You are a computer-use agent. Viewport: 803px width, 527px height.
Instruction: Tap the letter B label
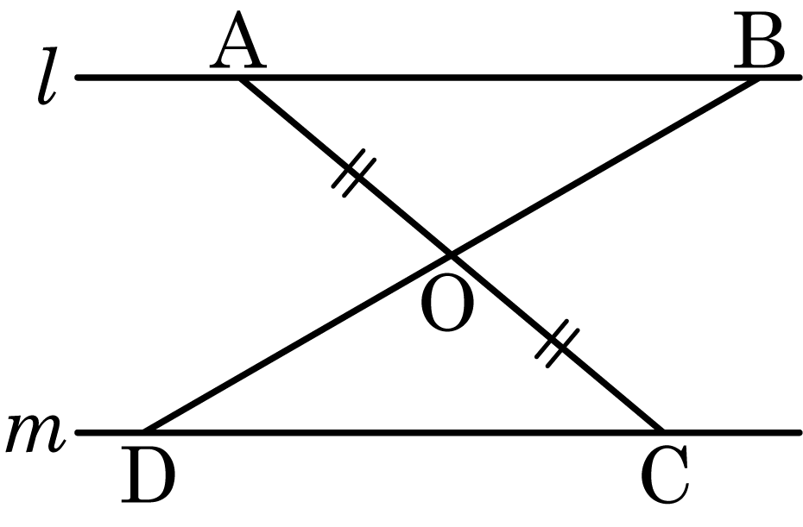point(760,46)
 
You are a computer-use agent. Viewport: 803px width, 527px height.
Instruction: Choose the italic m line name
point(35,434)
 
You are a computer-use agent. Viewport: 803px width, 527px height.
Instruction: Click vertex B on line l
point(757,78)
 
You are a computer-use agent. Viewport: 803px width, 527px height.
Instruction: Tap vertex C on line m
point(661,430)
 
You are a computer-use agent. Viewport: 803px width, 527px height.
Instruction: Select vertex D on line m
point(144,430)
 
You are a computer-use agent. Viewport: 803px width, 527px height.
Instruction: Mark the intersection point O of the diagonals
point(451,254)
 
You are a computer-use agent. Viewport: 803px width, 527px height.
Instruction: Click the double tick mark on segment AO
point(350,175)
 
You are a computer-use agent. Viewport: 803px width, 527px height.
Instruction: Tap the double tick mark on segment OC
point(553,342)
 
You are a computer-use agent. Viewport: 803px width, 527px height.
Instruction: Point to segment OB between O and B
point(604,166)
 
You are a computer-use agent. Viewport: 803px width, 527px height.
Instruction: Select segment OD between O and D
point(298,342)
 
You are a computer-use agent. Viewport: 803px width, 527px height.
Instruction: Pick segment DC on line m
point(402,430)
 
